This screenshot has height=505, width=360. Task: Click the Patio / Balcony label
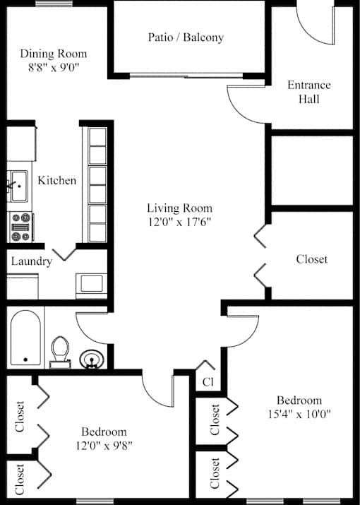186,37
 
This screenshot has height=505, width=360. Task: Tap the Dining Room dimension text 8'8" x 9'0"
54,67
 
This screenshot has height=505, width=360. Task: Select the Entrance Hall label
308,92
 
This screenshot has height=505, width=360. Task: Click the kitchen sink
19,186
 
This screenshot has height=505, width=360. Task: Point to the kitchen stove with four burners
21,227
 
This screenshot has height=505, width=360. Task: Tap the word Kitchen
57,180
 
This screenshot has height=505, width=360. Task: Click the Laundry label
32,261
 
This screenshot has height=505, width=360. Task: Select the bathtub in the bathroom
25,338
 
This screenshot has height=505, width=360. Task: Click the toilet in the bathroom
60,352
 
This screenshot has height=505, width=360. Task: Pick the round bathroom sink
92,359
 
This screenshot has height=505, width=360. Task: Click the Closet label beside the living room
312,259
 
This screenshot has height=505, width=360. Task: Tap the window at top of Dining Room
54,4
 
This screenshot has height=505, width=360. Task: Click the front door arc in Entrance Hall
309,33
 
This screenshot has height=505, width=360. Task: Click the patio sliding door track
186,76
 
